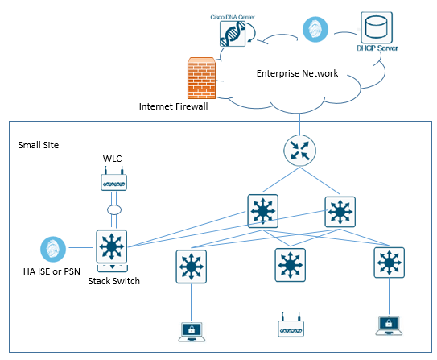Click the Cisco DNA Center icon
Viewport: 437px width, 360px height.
(233, 34)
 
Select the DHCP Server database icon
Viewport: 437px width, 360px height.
(377, 27)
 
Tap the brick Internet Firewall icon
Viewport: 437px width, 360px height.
(201, 78)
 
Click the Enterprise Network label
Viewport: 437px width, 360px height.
(297, 73)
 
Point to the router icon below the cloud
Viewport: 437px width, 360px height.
(299, 151)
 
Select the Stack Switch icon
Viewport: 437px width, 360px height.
(112, 250)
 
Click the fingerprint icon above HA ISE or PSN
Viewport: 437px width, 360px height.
(53, 249)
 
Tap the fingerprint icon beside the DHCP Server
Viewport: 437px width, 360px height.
(315, 29)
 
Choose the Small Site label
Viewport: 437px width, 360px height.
(38, 145)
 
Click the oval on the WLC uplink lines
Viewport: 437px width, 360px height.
(114, 209)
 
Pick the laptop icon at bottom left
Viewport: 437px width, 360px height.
(192, 332)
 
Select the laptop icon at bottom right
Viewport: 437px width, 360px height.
(389, 325)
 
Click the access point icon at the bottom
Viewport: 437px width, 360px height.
(291, 325)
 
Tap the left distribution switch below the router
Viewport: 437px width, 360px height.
(263, 211)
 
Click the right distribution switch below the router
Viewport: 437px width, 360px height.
(340, 212)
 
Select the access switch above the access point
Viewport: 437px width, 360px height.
(290, 265)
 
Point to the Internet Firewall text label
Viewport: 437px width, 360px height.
(173, 106)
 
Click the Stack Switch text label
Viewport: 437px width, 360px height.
(113, 281)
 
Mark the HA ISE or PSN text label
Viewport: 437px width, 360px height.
(52, 271)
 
